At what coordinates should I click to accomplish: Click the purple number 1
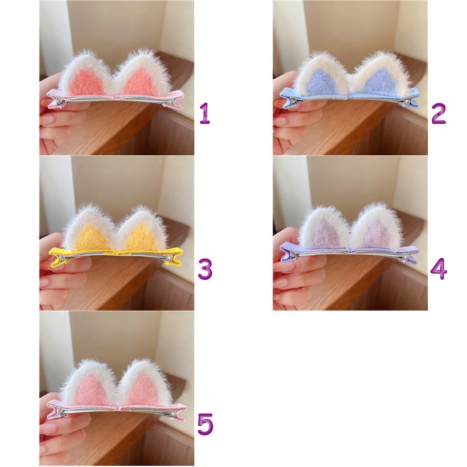coord(205,113)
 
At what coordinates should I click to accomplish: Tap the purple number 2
coord(438,113)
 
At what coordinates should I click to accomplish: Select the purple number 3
coord(205,269)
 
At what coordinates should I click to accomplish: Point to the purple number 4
coord(438,269)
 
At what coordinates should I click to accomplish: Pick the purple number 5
coord(205,424)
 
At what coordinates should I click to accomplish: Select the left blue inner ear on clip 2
coord(322,82)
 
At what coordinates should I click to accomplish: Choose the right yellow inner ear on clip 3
coord(141,238)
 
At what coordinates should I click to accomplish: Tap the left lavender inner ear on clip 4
coord(324,235)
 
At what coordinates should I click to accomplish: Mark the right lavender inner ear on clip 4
coord(376,235)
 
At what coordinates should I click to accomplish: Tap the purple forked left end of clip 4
coord(288,253)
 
